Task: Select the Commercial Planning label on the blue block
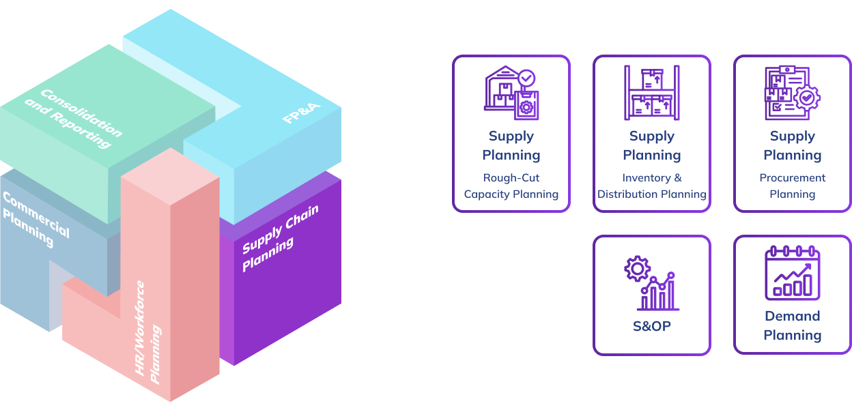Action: pos(35,219)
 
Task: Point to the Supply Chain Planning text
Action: pos(280,237)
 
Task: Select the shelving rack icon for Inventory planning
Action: pos(651,93)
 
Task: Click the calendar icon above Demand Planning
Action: pos(792,274)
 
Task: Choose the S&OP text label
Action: pos(652,326)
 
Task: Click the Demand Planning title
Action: pos(792,325)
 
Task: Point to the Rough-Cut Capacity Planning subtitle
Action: pos(511,186)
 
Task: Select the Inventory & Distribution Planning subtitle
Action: pos(652,186)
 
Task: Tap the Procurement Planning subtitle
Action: pos(792,186)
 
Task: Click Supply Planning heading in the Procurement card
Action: pos(792,146)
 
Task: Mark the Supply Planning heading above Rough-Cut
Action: pos(511,146)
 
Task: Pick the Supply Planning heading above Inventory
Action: pos(652,146)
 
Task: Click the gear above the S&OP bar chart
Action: pos(637,268)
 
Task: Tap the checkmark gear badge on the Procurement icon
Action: pos(808,98)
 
